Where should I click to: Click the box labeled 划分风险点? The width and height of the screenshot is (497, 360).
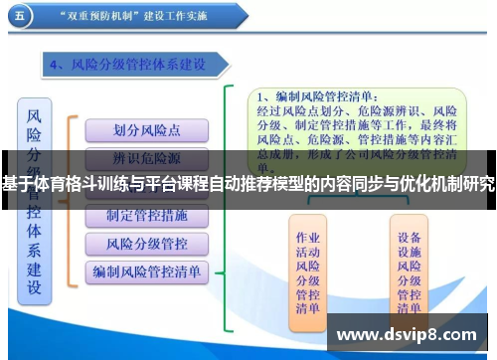146,129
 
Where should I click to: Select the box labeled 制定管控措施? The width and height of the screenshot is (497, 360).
146,215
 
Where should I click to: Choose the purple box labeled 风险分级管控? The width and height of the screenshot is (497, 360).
146,243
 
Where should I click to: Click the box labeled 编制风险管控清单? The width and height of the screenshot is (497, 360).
146,270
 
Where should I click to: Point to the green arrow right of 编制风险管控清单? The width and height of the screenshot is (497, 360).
226,270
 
